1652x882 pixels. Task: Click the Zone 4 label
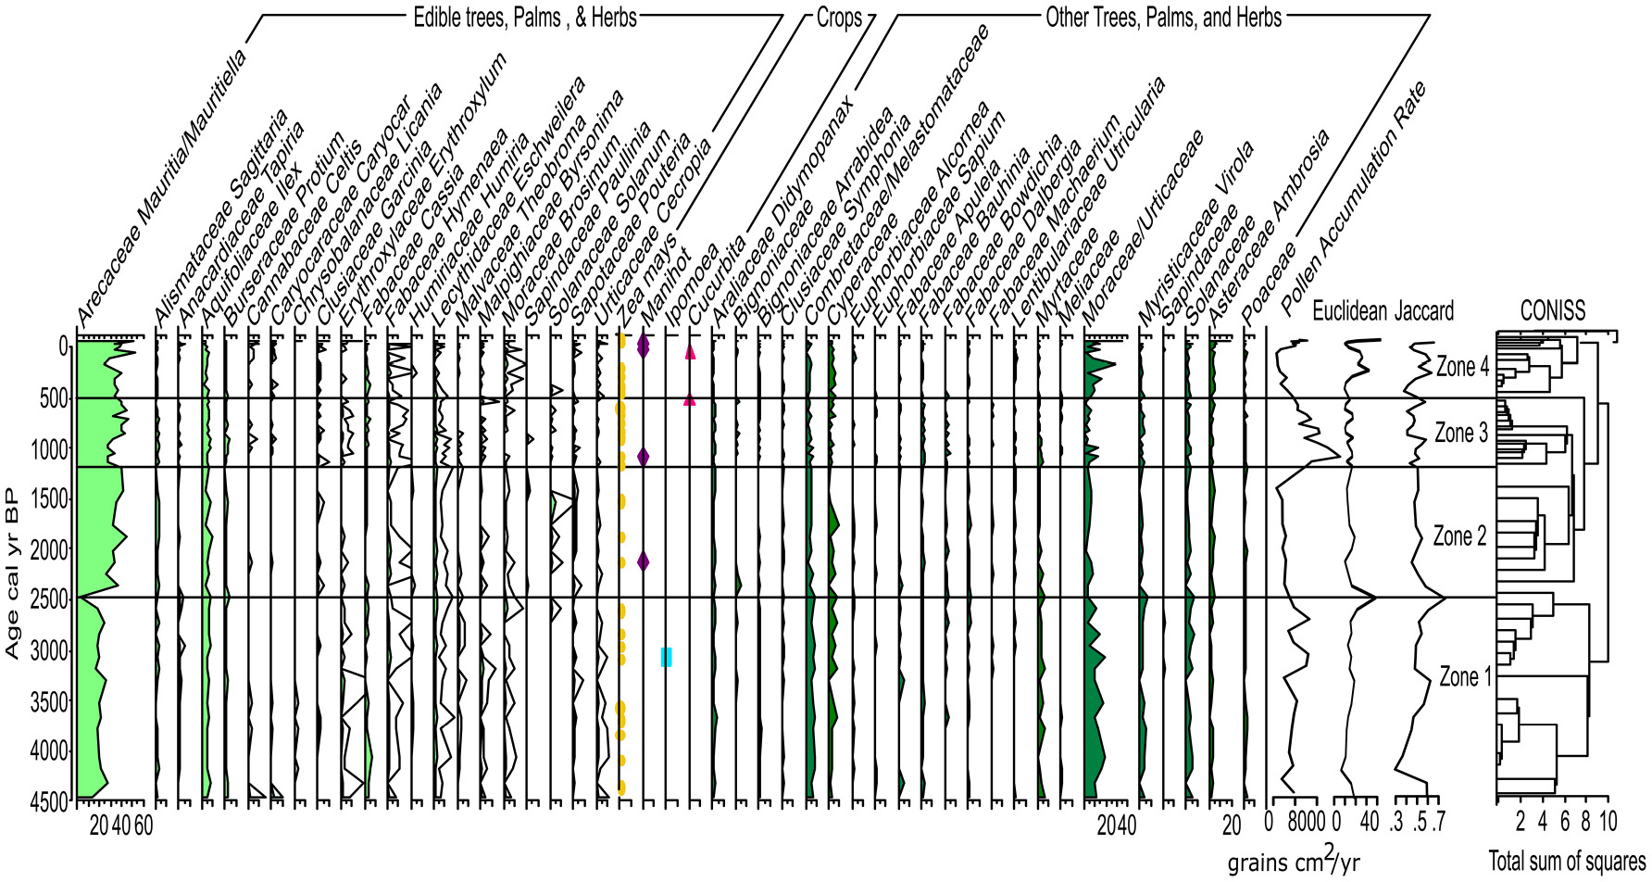point(1462,367)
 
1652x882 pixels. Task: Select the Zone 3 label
point(1461,433)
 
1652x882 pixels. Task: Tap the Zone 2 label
point(1459,535)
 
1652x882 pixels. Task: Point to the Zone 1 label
point(1465,676)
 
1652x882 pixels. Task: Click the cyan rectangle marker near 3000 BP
point(666,657)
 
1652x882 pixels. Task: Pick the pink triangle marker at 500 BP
point(690,400)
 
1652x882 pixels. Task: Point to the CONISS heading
point(1553,311)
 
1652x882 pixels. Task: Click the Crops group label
point(838,17)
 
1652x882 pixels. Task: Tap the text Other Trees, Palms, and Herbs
point(1163,17)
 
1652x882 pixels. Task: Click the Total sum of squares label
point(1567,861)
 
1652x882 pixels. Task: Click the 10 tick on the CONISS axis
point(1608,821)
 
